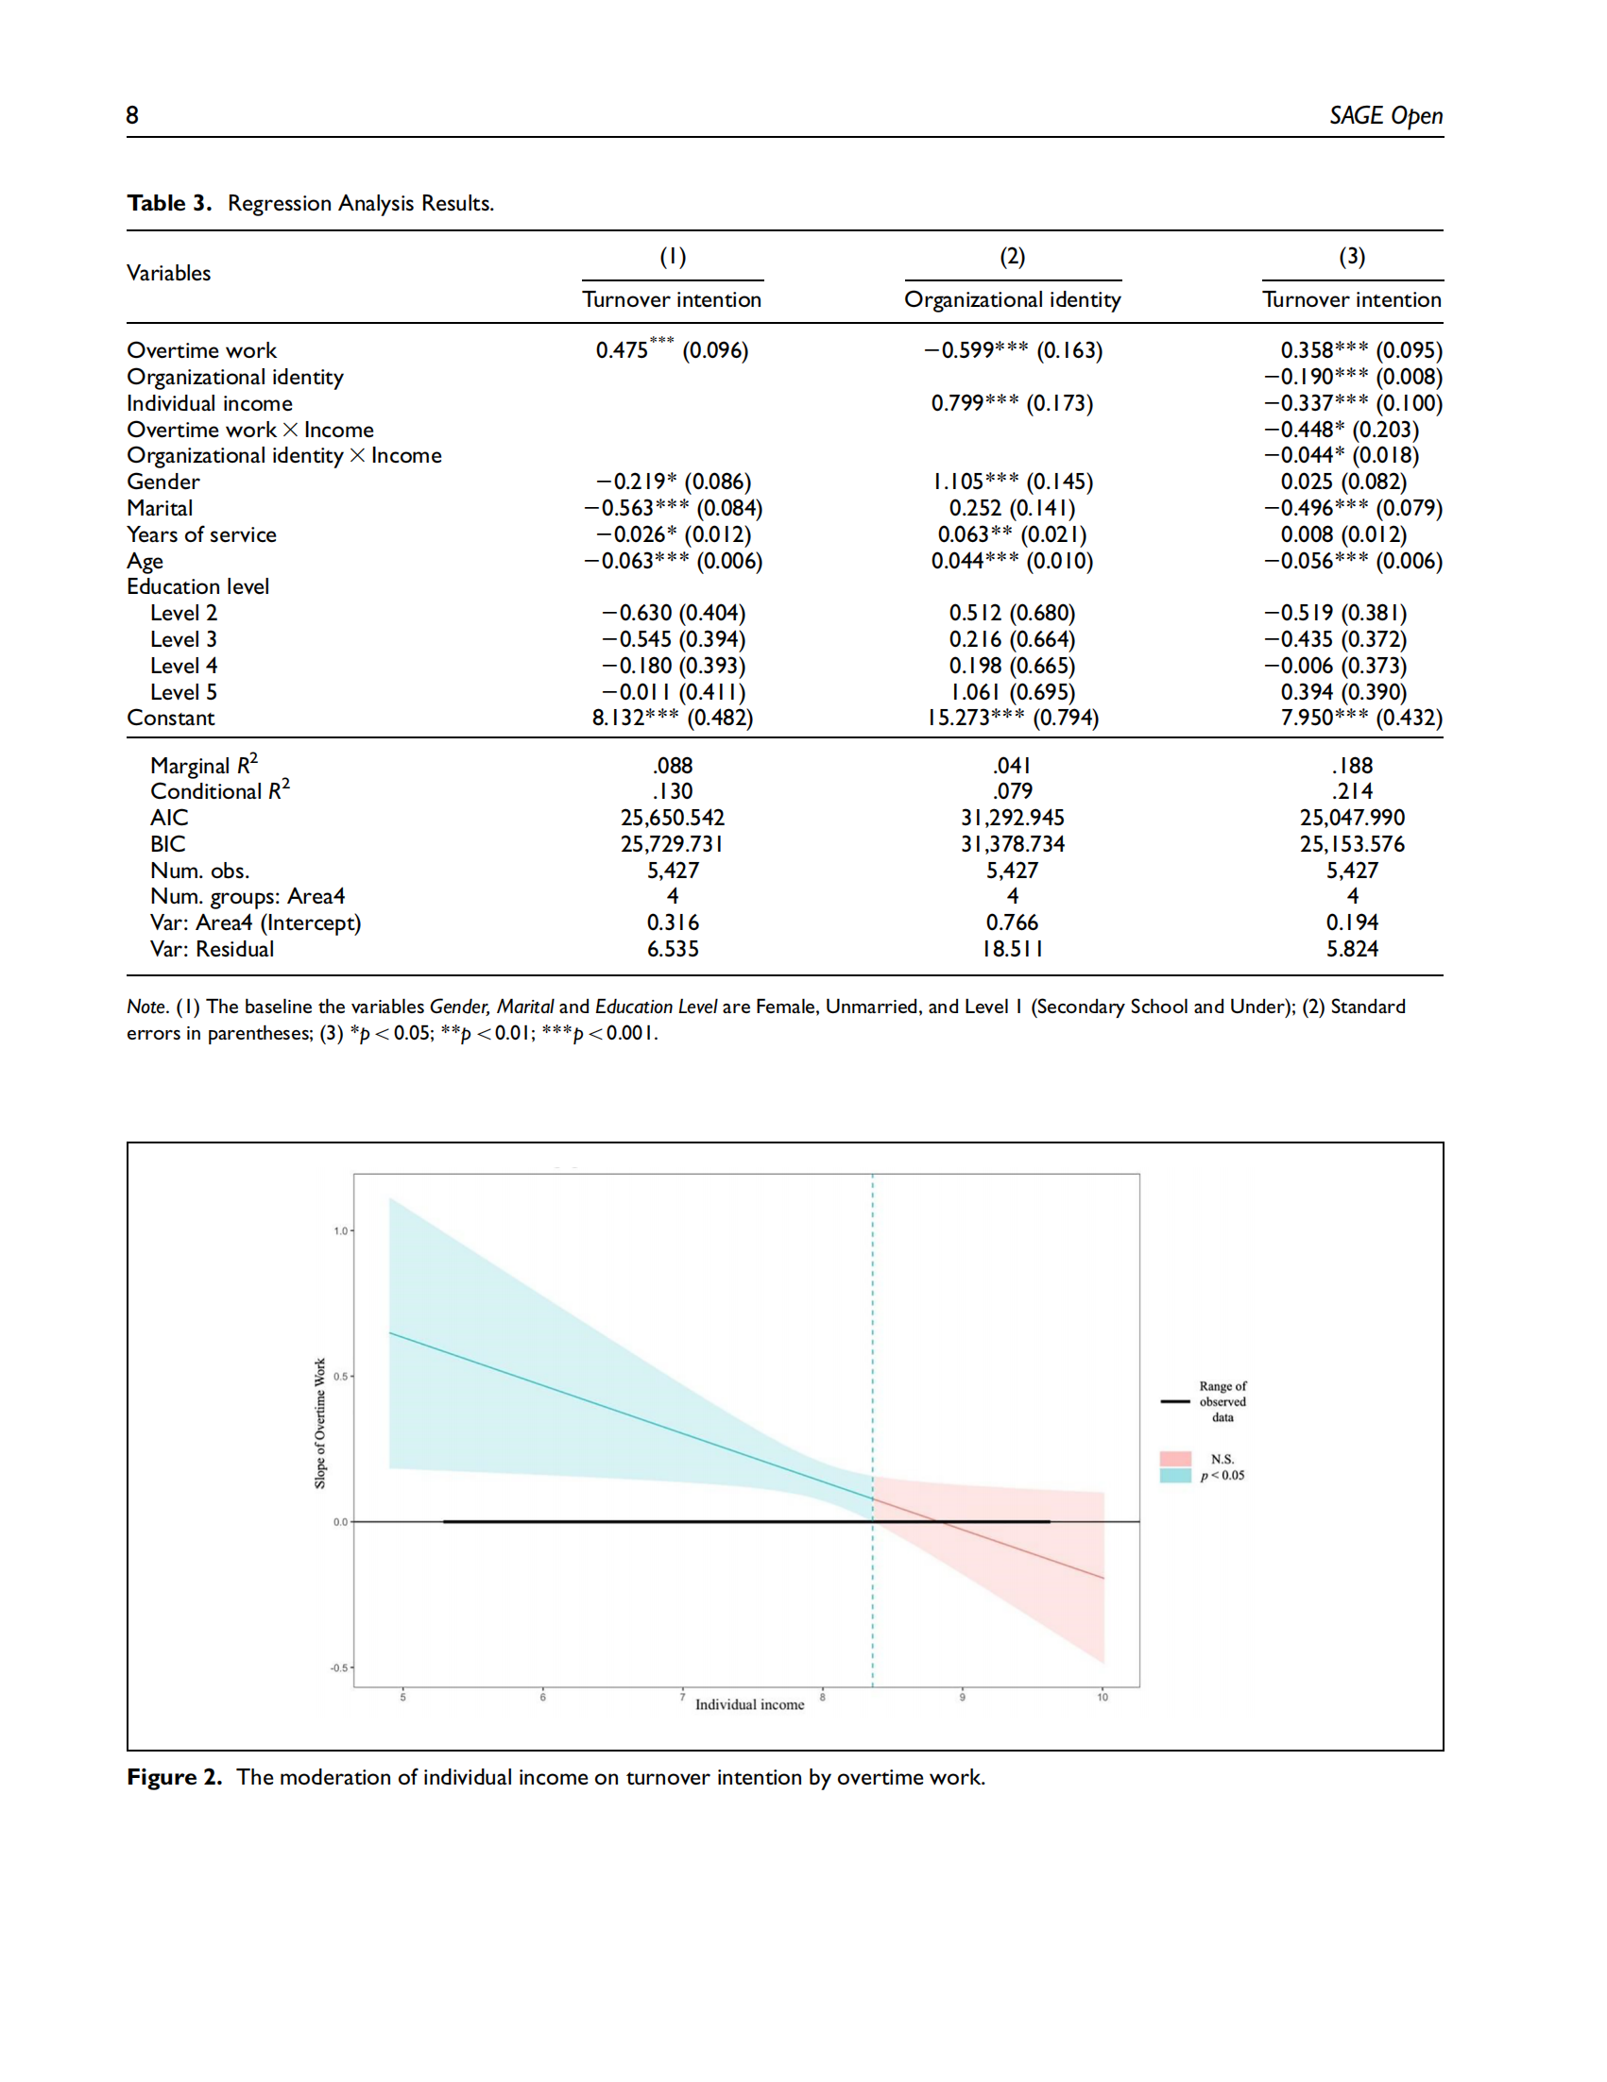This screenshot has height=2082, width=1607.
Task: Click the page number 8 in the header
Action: tap(132, 115)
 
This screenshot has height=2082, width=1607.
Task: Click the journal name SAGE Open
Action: tap(1386, 116)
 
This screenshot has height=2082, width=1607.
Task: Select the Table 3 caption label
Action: tap(169, 203)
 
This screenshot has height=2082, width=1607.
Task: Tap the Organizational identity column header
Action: tap(1013, 299)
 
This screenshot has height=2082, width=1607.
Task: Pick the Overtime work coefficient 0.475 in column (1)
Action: tap(621, 350)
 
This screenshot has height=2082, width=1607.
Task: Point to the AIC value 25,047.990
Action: tap(1352, 818)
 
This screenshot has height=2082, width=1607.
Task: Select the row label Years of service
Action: tap(202, 534)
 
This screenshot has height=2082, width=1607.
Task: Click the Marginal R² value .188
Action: tap(1352, 766)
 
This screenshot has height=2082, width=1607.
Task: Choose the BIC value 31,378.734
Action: tap(1013, 844)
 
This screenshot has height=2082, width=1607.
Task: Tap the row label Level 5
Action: tap(184, 692)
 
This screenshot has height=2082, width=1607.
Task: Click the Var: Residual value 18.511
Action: tap(1013, 949)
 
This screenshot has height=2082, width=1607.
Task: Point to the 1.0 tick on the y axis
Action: tap(340, 1230)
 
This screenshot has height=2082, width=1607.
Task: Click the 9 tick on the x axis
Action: tap(963, 1697)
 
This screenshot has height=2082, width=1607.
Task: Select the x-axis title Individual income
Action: tap(749, 1704)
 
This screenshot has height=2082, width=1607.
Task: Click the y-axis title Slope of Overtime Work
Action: tap(320, 1423)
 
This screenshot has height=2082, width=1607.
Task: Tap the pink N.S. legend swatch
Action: tap(1176, 1459)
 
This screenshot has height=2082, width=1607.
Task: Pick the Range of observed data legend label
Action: tap(1222, 1401)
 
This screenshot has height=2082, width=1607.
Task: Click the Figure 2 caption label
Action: tap(175, 1777)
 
